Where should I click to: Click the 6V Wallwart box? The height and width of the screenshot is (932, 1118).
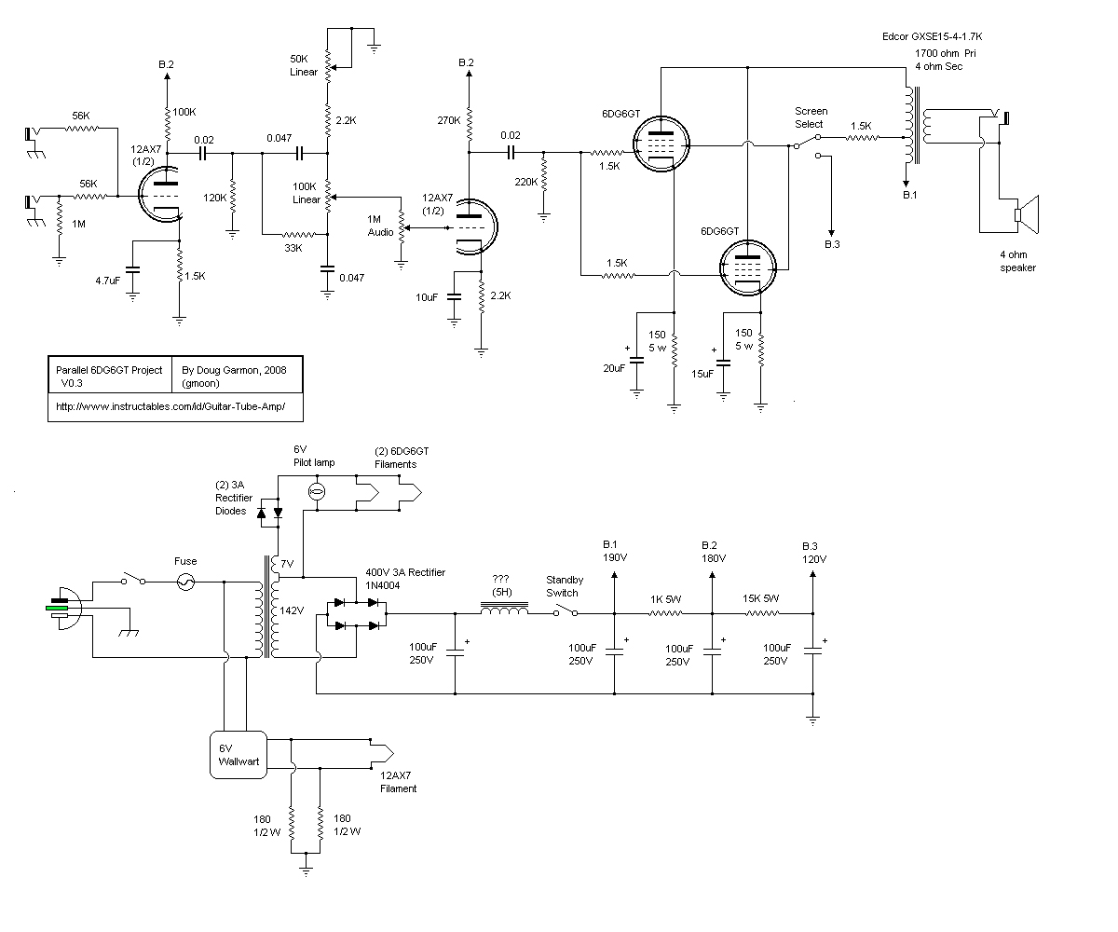(238, 754)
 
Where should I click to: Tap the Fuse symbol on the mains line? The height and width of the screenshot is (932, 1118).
(185, 582)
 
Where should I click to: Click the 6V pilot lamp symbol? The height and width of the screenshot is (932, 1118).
(316, 491)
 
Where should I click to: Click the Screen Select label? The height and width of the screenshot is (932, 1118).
(809, 117)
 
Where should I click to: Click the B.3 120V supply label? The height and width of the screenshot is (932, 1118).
(813, 552)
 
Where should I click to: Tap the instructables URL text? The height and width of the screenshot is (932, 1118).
(176, 407)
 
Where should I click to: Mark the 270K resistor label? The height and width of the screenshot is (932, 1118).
(447, 120)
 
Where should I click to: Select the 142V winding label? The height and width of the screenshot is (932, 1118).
(293, 611)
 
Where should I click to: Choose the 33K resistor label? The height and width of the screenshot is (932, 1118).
(293, 248)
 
